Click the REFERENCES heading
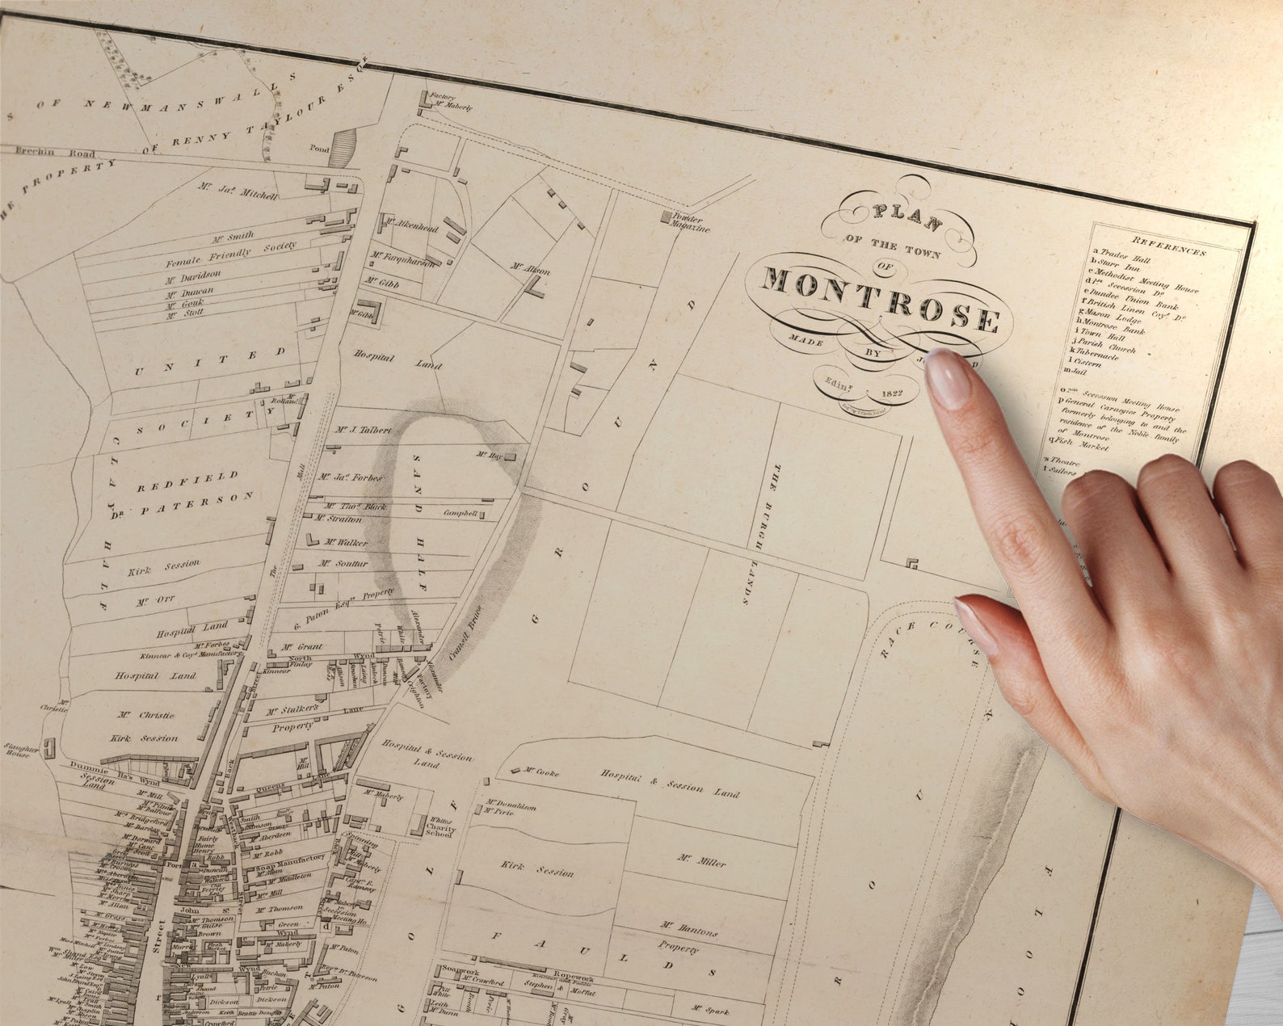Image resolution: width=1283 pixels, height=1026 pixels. [x=1168, y=246]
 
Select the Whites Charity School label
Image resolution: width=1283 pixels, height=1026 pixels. [x=442, y=826]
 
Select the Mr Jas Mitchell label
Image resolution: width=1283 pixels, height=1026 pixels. [x=238, y=191]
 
